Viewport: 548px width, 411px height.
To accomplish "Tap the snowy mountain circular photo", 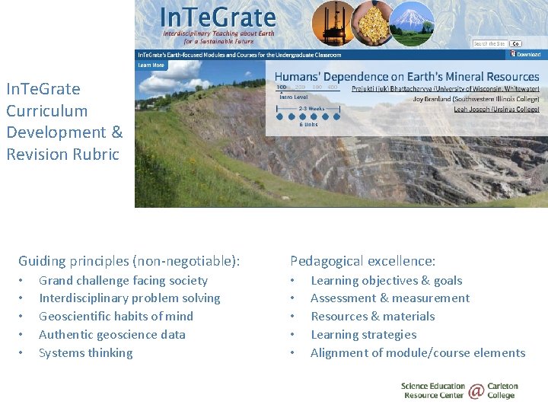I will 412,24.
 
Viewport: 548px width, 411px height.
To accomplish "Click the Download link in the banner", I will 527,55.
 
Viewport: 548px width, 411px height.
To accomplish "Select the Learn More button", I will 151,65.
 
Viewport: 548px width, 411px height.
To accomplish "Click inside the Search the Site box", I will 489,43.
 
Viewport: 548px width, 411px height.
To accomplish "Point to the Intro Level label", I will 295,97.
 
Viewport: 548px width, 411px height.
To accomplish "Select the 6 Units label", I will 308,124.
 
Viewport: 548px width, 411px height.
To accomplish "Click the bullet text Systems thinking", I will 85,352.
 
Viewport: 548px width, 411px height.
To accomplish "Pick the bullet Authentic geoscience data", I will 112,334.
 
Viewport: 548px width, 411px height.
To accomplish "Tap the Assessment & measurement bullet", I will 390,298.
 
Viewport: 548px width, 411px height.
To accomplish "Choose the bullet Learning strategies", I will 363,334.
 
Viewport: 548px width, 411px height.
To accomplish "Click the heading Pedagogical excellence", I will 362,261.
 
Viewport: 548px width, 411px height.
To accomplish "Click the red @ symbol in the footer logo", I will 476,391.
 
